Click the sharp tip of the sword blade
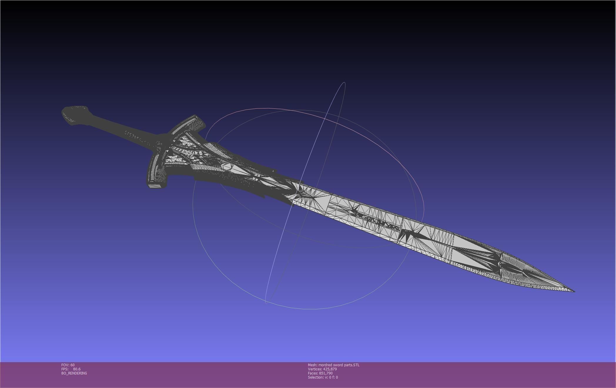point(574,291)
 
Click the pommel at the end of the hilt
point(75,115)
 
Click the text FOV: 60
point(68,365)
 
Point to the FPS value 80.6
point(77,369)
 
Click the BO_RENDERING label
point(74,373)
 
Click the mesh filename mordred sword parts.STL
point(339,365)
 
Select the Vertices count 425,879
point(330,369)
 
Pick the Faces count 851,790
point(326,373)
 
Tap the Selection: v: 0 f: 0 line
point(323,377)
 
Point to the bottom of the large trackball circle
point(314,309)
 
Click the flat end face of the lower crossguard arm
point(155,186)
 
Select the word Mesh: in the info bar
point(313,365)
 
